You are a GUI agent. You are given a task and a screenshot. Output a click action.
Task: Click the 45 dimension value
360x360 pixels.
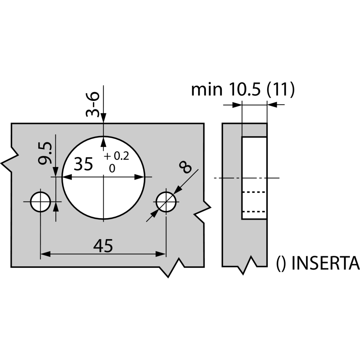(103, 246)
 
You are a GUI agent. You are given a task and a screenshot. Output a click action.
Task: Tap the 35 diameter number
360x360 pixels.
(84, 164)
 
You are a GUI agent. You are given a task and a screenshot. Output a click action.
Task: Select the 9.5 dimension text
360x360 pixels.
(45, 153)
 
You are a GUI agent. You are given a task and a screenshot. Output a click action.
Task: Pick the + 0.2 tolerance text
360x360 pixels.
(116, 156)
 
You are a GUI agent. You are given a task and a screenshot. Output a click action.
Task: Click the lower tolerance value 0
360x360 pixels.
(112, 169)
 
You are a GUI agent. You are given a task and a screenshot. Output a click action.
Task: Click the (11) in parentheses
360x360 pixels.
(280, 89)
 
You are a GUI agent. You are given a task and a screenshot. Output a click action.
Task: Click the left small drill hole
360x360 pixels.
(40, 202)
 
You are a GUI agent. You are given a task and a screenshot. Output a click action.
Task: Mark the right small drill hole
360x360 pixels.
(166, 202)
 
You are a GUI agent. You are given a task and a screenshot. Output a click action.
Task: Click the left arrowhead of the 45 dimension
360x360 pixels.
(45, 254)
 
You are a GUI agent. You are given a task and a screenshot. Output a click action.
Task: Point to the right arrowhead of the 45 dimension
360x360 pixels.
(161, 254)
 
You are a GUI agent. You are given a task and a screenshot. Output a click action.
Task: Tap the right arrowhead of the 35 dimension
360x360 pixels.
(140, 177)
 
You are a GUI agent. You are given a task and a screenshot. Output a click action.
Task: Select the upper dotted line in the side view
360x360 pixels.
(254, 192)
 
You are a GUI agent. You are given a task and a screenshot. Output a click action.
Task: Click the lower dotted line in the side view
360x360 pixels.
(254, 212)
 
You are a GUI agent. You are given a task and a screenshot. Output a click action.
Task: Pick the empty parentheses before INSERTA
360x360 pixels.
(281, 264)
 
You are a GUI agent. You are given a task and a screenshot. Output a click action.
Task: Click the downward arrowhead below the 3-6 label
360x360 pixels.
(104, 118)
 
